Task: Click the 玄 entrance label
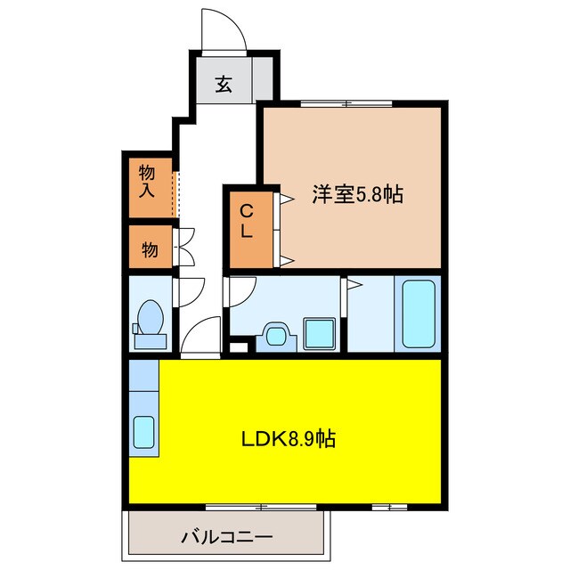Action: tap(224, 86)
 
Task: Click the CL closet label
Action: tap(247, 219)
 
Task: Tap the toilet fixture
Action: tap(150, 322)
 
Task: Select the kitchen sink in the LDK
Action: tap(144, 433)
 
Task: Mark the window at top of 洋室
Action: tap(347, 103)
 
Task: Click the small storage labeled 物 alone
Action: tap(150, 250)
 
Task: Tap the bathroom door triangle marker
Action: tap(354, 285)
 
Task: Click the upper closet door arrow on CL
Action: tap(287, 200)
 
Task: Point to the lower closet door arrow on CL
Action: tap(287, 259)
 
